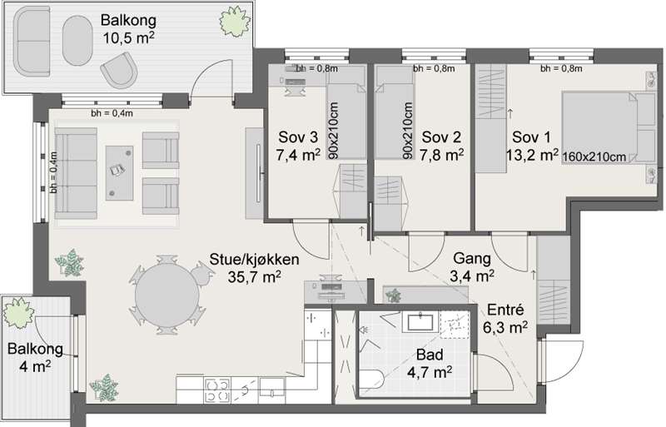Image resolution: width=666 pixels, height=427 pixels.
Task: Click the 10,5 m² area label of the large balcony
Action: click(128, 37)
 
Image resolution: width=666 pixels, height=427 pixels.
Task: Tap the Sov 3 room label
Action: click(298, 137)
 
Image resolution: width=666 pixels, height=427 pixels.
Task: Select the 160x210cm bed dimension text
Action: click(594, 156)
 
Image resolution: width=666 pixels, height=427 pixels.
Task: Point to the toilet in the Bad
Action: click(371, 380)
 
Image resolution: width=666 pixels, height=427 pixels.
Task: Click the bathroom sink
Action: click(420, 322)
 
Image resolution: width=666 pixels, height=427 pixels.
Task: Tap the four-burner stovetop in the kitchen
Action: click(217, 390)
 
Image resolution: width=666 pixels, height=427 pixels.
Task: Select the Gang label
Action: click(472, 258)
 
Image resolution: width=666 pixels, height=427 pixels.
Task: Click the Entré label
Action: click(505, 310)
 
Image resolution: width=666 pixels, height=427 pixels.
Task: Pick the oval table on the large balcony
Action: click(77, 40)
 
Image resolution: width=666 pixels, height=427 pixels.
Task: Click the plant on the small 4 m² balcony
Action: click(18, 313)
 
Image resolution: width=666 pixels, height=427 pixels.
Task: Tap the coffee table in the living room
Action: click(119, 173)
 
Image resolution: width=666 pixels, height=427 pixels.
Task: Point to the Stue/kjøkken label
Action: click(254, 259)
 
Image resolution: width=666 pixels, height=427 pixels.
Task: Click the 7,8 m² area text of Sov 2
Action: click(442, 155)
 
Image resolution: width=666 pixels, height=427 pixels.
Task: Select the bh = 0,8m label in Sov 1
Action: click(561, 68)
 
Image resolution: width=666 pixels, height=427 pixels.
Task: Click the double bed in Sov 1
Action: click(609, 127)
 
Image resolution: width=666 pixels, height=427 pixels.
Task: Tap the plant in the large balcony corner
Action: click(235, 22)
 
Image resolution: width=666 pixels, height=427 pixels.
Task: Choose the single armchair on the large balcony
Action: click(119, 70)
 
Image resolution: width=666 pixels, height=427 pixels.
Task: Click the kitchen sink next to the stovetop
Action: click(272, 390)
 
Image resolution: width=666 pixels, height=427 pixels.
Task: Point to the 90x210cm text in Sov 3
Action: click(334, 130)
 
